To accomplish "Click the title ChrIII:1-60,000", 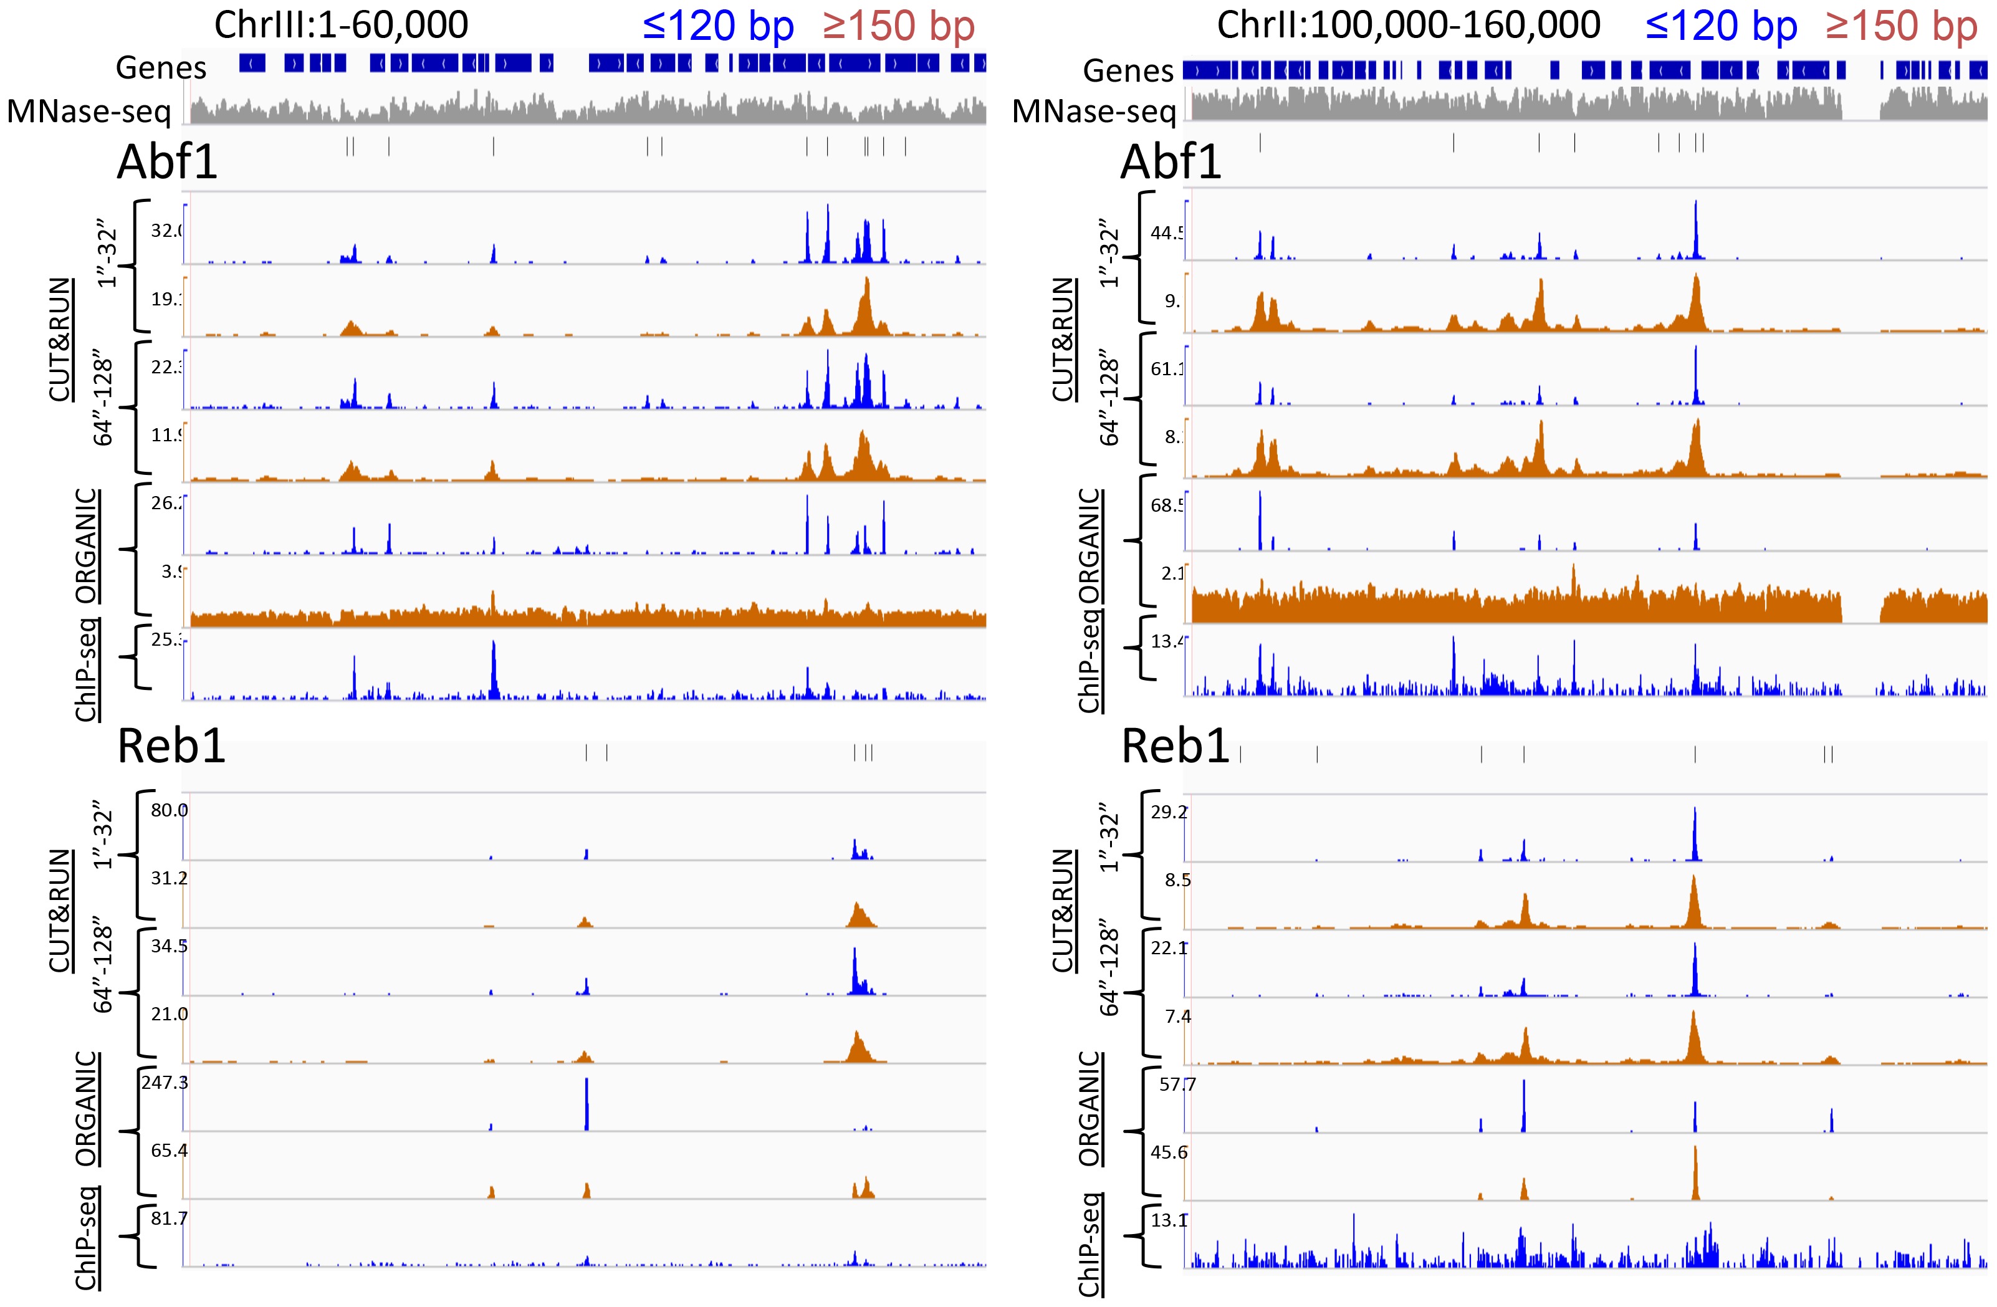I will [x=341, y=24].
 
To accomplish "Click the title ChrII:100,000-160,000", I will [x=1408, y=24].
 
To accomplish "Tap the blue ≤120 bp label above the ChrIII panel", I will [x=717, y=26].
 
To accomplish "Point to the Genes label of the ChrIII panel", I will [x=161, y=67].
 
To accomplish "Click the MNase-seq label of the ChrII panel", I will [x=1093, y=111].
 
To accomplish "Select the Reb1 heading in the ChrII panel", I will [x=1175, y=746].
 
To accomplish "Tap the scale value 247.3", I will [x=165, y=1082].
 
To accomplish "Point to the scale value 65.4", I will [x=169, y=1150].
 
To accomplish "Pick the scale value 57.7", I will [x=1177, y=1084].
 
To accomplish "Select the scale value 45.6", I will [x=1169, y=1152].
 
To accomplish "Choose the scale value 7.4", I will [x=1178, y=1017].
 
